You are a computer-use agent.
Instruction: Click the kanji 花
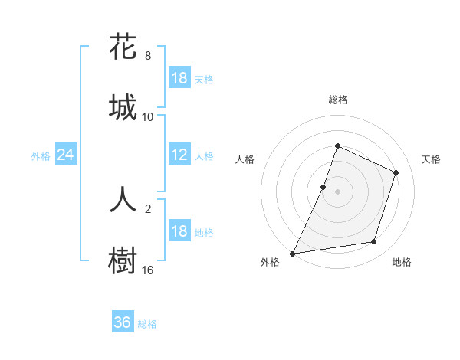coord(123,47)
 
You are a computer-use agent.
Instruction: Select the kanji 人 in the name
coord(123,198)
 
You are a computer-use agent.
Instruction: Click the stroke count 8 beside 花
coord(148,56)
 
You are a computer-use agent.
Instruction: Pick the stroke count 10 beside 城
coord(148,117)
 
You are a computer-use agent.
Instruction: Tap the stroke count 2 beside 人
coord(148,208)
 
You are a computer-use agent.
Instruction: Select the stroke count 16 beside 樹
coord(148,270)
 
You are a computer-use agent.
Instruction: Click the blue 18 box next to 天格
coord(179,78)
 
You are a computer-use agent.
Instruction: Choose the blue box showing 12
coord(179,155)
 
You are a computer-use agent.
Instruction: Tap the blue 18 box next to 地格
coord(179,231)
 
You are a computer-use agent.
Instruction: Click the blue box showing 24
coord(65,155)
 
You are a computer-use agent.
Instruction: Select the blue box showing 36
coord(123,322)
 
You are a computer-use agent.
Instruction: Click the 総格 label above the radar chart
coord(338,100)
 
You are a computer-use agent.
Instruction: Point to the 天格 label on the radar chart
coord(432,159)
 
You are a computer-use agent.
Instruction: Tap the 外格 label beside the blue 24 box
coord(41,155)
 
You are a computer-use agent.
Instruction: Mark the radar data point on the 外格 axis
coord(293,253)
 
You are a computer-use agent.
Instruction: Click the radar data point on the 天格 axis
coord(396,172)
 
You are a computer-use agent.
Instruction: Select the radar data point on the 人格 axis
coord(324,187)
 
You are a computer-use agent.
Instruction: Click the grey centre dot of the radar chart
coord(338,191)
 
